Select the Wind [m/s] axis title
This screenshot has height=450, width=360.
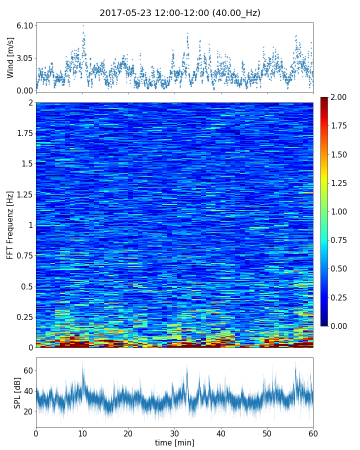pos(10,58)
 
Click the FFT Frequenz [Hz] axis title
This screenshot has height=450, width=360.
pos(10,225)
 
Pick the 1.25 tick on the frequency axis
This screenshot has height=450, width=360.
pos(24,194)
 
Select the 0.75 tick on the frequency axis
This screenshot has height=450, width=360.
pos(24,256)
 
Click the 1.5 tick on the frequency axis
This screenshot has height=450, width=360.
pos(27,164)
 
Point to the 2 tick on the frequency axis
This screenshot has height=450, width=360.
pos(30,102)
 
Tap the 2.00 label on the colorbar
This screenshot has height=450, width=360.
pos(339,97)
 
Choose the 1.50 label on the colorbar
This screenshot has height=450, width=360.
pos(339,154)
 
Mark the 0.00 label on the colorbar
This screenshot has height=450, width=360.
pos(339,326)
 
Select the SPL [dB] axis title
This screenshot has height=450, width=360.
pos(17,392)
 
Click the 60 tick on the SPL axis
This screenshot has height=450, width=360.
pos(28,370)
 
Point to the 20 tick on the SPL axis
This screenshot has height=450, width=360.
pos(28,411)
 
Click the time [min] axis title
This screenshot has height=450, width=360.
pos(174,442)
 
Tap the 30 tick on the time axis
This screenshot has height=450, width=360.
pos(174,433)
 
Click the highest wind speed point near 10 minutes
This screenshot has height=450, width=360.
pos(83,25)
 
